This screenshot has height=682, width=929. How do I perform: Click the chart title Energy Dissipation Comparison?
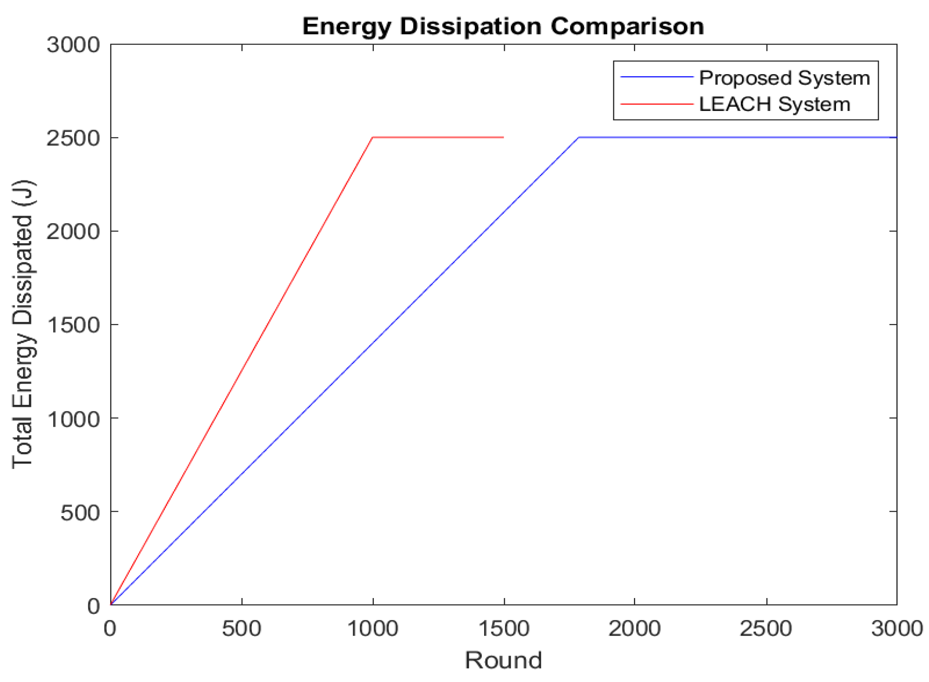point(503,27)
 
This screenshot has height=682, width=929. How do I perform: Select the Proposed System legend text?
point(784,78)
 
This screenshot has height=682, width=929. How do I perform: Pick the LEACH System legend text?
point(774,104)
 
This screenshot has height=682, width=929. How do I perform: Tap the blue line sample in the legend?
point(656,77)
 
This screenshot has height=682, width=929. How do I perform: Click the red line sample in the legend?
point(656,104)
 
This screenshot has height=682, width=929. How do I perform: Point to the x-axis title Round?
point(503,660)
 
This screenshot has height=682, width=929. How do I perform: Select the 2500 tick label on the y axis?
point(73,138)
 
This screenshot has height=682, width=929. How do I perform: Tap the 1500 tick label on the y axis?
point(73,325)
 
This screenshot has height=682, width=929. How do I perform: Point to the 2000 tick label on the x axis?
point(634,629)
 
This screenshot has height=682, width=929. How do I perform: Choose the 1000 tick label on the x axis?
point(373,629)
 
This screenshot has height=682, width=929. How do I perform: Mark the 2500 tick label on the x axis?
point(766,629)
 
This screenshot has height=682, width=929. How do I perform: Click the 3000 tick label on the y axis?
point(73,45)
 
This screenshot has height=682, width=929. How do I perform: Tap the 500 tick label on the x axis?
point(242,629)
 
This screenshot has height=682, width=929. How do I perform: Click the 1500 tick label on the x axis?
point(504,629)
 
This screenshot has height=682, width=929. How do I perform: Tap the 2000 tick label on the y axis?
point(73,232)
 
